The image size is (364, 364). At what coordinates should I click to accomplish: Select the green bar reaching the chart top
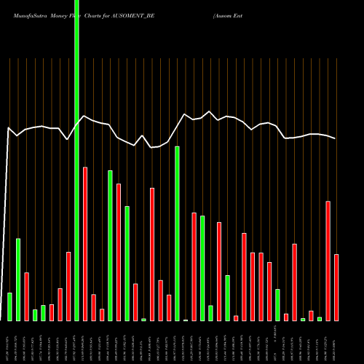(x=76, y=160)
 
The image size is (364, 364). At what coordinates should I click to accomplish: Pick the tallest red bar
(x=85, y=244)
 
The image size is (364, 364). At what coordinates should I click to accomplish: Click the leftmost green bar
(x=9, y=306)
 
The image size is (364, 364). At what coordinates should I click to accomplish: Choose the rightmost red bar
(x=336, y=288)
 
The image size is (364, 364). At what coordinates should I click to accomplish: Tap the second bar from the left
(x=18, y=280)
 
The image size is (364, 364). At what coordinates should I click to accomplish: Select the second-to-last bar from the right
(x=328, y=261)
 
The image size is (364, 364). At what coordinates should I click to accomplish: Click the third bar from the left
(x=26, y=296)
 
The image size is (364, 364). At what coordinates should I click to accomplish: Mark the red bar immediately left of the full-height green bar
(x=68, y=286)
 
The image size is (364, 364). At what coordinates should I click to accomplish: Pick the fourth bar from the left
(x=35, y=314)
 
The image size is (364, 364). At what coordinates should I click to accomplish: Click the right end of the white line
(x=336, y=138)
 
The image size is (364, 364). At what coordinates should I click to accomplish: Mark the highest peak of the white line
(x=210, y=111)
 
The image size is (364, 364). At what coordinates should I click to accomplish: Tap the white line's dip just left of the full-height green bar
(x=67, y=139)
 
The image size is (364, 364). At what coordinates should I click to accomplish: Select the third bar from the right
(x=320, y=319)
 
